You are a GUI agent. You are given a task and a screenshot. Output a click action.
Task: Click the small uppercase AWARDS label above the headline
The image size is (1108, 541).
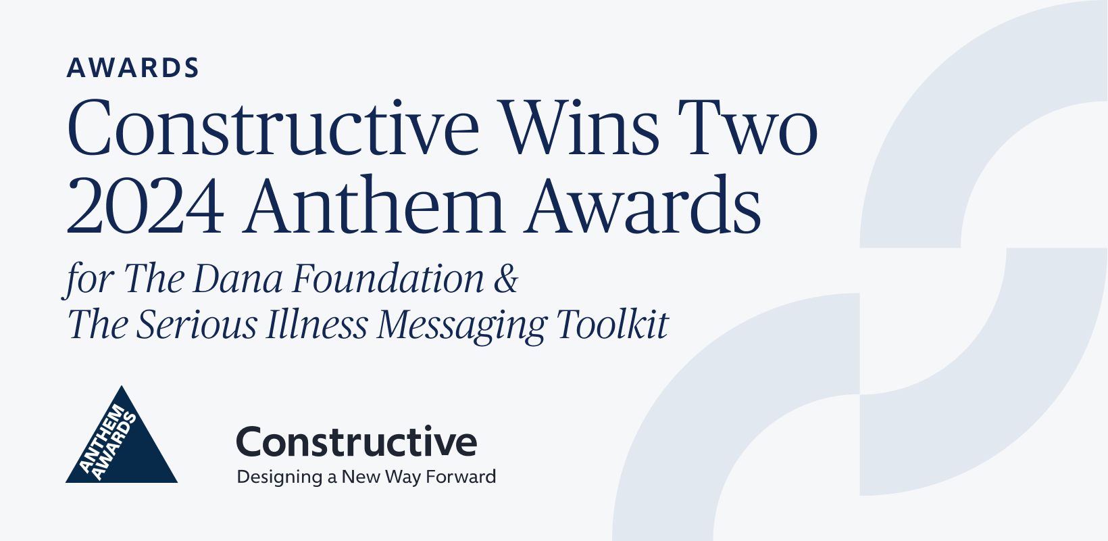132,68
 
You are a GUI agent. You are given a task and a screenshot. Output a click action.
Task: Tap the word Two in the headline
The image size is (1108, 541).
747,127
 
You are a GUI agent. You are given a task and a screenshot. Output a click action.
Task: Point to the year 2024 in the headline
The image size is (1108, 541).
145,204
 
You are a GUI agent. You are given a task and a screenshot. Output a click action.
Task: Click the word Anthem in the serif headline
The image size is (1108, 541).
374,204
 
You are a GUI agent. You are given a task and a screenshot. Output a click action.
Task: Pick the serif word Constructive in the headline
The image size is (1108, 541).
273,127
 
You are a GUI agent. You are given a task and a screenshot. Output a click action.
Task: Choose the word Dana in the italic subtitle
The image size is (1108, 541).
237,278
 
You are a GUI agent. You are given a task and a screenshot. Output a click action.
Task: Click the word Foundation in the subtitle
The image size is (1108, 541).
388,278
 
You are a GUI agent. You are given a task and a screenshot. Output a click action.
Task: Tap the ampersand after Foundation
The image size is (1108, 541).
505,278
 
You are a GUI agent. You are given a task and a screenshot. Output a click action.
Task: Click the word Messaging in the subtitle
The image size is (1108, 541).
461,327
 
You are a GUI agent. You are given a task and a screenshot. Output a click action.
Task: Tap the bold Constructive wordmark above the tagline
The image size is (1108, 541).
357,442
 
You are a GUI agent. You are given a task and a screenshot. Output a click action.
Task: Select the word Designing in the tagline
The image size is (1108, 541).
280,477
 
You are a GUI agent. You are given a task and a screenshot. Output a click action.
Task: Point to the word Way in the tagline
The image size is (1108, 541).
403,477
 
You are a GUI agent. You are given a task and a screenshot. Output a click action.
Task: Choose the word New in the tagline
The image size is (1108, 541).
361,477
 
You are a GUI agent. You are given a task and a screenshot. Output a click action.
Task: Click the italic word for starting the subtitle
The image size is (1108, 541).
89,280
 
